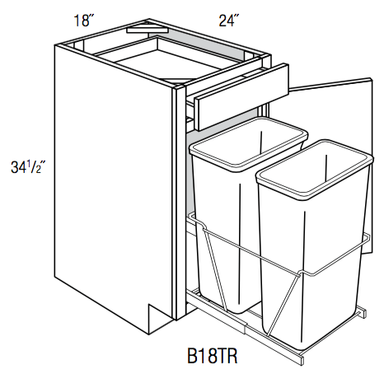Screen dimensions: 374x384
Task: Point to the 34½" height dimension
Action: coord(26,167)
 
